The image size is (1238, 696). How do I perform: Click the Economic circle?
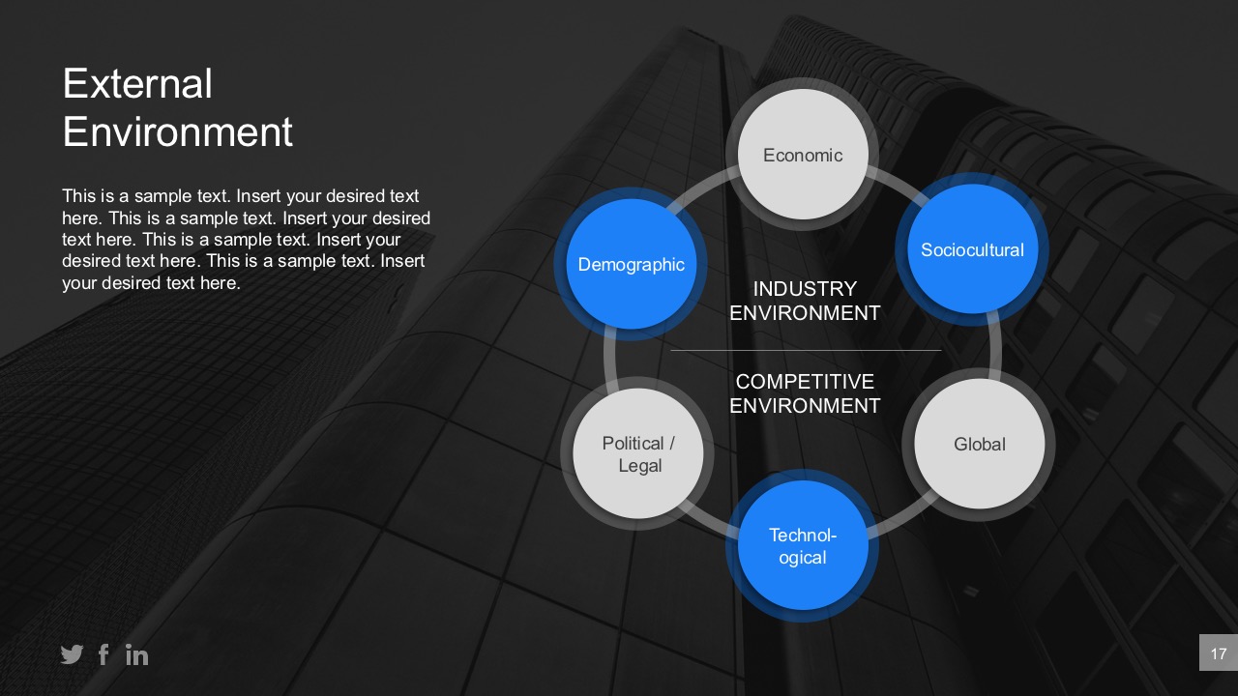pos(803,155)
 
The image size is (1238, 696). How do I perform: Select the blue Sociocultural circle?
pos(972,249)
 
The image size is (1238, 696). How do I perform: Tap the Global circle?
pos(979,444)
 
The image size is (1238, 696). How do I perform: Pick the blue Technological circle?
pos(803,546)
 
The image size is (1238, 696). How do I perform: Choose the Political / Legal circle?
pos(638,453)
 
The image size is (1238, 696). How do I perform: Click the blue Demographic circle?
pos(631,264)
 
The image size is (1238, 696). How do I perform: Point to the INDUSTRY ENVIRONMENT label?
pos(805,301)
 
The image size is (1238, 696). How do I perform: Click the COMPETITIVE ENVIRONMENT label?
pos(805,393)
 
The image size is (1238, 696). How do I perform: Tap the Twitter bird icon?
pos(72,655)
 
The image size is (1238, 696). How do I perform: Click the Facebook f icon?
pos(103,655)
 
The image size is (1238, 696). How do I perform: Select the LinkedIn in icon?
pos(137,655)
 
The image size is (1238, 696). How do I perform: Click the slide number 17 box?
pos(1218,653)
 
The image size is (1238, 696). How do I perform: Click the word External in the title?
pos(137,84)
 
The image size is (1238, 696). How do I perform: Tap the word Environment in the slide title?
pos(178,131)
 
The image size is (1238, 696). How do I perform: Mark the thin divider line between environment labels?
pos(805,350)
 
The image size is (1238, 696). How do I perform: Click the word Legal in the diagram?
pos(639,466)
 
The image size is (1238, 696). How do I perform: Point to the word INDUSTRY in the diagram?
pos(805,289)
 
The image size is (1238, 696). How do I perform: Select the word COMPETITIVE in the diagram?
pos(805,382)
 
